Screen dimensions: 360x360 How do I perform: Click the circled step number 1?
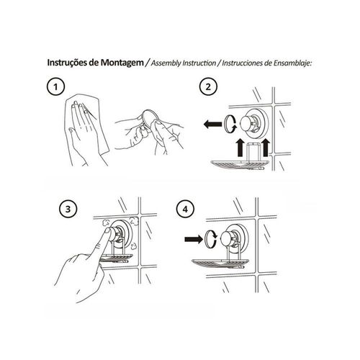pos(55,86)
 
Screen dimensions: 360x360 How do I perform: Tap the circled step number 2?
pos(208,86)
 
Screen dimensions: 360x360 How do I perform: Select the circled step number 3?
pos(68,209)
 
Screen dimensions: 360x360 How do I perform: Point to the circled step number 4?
pos(185,209)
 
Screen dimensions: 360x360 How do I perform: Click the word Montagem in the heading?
pos(122,63)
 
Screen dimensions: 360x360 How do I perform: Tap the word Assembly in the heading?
pos(166,63)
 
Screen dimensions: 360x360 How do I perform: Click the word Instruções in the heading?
pos(67,63)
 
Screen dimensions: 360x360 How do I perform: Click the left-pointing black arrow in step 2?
pos(212,125)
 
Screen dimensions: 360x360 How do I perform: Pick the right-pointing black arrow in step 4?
pos(194,239)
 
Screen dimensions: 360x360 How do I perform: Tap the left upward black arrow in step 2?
pos(240,148)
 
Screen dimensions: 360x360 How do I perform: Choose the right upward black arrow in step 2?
pos(266,147)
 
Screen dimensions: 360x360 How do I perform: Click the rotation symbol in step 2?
pos(230,124)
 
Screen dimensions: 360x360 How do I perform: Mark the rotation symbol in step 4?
pos(211,239)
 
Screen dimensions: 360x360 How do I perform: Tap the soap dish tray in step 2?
pos(240,165)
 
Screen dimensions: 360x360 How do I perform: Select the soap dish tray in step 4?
pos(221,264)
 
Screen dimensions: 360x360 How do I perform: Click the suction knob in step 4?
pos(230,238)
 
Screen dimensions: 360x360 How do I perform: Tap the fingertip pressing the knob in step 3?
pos(107,231)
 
